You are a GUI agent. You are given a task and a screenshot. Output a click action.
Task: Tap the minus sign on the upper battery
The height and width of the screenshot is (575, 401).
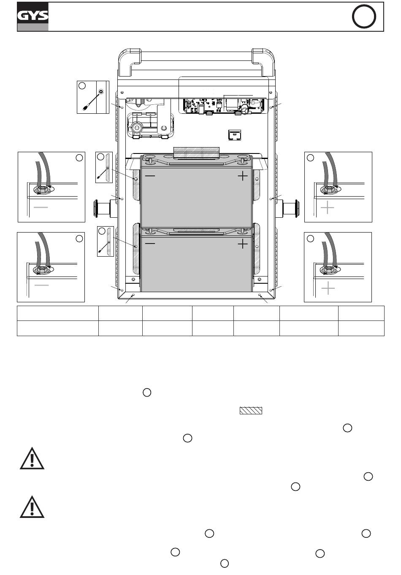point(150,175)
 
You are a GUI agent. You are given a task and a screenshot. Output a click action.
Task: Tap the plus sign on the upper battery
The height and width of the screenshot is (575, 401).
point(243,175)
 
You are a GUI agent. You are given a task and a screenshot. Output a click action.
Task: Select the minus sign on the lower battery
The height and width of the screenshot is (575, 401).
point(150,244)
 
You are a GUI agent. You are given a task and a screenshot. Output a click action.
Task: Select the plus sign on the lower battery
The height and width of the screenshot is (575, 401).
point(243,244)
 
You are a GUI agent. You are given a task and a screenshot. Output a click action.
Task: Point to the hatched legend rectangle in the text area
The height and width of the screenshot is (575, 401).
point(251,411)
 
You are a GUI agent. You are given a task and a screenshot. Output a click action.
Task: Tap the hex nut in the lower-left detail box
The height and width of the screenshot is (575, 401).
point(42,270)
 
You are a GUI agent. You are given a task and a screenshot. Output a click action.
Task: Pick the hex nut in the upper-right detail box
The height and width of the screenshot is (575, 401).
point(328,190)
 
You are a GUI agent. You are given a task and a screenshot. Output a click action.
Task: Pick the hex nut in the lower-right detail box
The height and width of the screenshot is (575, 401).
point(328,270)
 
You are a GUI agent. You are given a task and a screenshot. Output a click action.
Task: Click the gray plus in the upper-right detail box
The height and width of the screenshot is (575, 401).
point(328,208)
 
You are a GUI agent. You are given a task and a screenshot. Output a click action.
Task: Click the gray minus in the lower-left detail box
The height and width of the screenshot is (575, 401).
point(41,285)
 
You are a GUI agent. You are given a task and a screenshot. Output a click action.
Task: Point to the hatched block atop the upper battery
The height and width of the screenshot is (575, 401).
point(197,152)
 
